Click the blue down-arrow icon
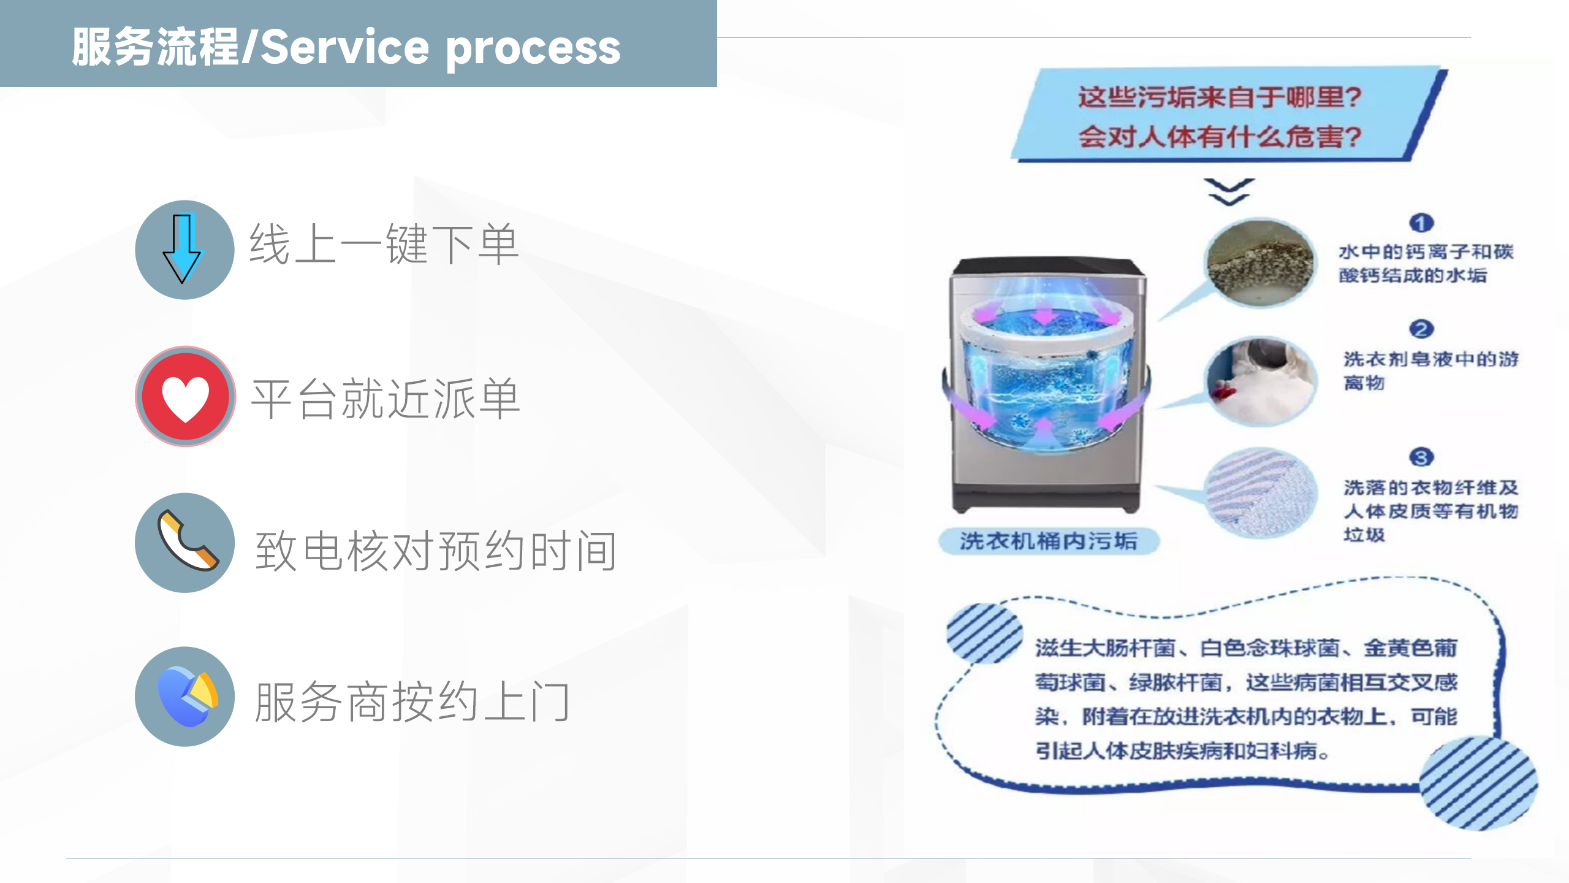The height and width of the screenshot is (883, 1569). pyautogui.click(x=181, y=248)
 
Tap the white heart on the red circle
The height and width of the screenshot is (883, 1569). pyautogui.click(x=185, y=398)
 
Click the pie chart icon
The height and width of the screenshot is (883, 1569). pyautogui.click(x=188, y=696)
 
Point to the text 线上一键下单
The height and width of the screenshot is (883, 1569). pyautogui.click(x=385, y=244)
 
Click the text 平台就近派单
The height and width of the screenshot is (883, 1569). pyautogui.click(x=386, y=399)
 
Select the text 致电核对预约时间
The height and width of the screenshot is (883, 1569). pyautogui.click(x=436, y=551)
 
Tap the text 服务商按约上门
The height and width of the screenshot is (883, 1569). pyautogui.click(x=412, y=702)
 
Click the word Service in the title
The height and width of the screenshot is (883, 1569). pyautogui.click(x=345, y=47)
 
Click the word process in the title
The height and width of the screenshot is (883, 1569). pyautogui.click(x=533, y=50)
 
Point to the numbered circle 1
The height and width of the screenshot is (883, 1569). pyautogui.click(x=1421, y=223)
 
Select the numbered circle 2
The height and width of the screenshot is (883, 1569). pyautogui.click(x=1421, y=329)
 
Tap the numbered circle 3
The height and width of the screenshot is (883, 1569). pyautogui.click(x=1421, y=457)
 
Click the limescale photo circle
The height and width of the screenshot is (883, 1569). pyautogui.click(x=1260, y=262)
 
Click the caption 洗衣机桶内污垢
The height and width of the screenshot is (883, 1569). pyautogui.click(x=1049, y=541)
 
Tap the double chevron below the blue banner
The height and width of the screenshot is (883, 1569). pyautogui.click(x=1229, y=192)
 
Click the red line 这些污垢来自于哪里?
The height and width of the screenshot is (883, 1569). pyautogui.click(x=1220, y=97)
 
